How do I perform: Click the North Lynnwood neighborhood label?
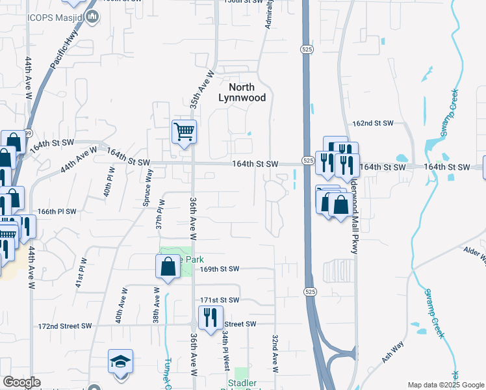[x=241, y=92]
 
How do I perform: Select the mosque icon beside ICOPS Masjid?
[x=92, y=15]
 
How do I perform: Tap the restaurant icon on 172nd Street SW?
[x=209, y=318]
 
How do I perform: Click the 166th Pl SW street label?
[x=57, y=212]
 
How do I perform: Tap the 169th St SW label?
[x=220, y=269]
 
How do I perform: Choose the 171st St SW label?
[x=220, y=300]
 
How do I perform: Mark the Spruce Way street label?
[x=148, y=188]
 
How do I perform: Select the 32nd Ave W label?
[x=275, y=354]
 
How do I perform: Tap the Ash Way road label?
[x=392, y=352]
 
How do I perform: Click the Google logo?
[x=21, y=382]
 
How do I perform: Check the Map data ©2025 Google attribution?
[x=445, y=385]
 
